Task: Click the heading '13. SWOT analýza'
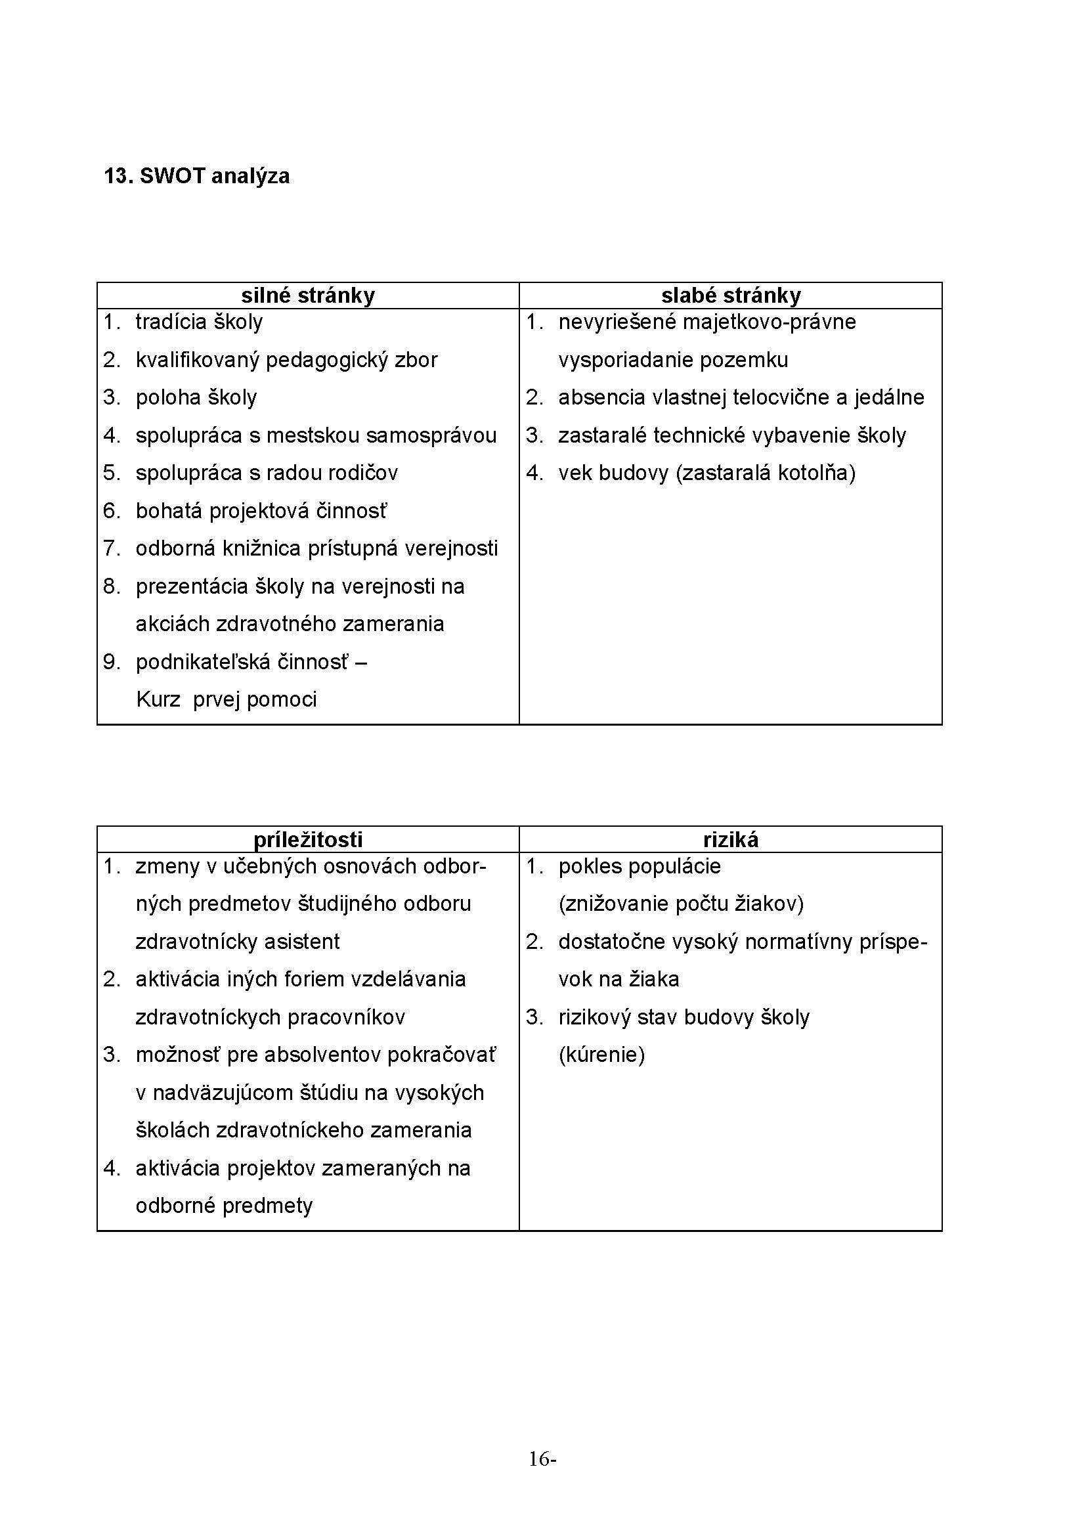coord(196,177)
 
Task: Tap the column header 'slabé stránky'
coord(731,296)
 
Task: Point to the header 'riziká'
coord(731,840)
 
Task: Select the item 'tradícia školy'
coord(200,322)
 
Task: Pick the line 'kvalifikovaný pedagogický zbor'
coord(286,361)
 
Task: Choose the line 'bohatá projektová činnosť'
coord(261,512)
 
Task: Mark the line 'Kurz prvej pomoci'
coord(226,701)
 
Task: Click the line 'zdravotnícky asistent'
coord(238,942)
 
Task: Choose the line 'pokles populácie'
coord(640,867)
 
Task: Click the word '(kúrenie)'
coord(601,1055)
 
